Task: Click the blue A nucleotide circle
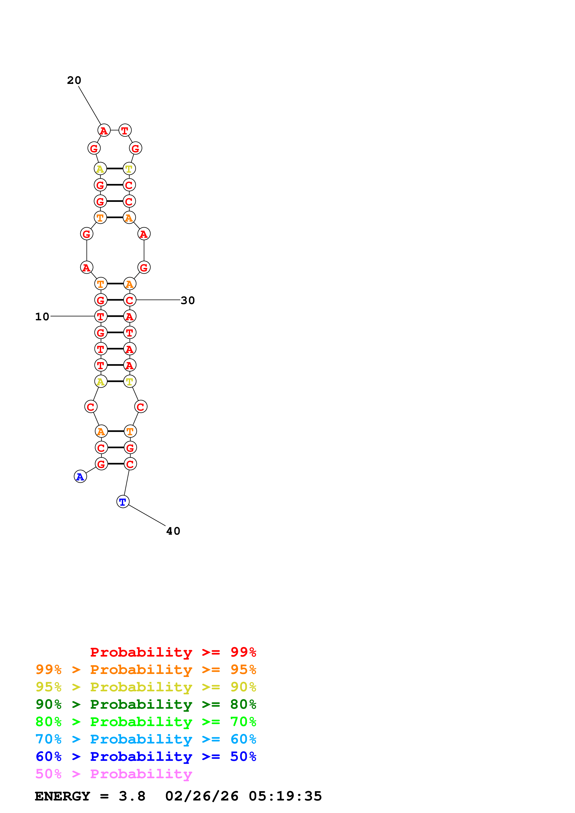tap(80, 477)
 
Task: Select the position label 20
tap(74, 80)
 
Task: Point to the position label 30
tap(187, 300)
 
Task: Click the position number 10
tap(42, 317)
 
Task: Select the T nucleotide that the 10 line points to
tap(101, 316)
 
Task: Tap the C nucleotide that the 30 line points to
tap(130, 300)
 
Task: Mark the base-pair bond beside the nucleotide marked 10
tap(115, 316)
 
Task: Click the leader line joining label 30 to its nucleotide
tap(158, 300)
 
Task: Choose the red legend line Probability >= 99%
tap(173, 652)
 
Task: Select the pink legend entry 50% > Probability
tap(114, 774)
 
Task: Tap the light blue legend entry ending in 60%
tap(146, 739)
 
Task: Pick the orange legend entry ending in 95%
tap(146, 670)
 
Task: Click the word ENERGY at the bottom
tap(62, 796)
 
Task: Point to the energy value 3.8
tap(132, 796)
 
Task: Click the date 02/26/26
tap(202, 796)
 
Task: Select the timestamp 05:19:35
tap(285, 796)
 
